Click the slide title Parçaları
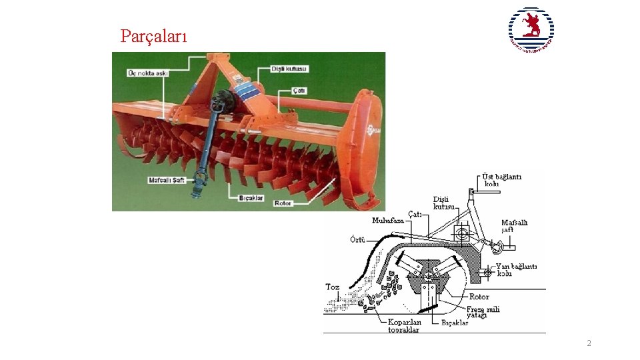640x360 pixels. (x=153, y=36)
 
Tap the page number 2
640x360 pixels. (x=589, y=343)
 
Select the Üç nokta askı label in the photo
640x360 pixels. (x=147, y=73)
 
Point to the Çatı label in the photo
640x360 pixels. (x=299, y=90)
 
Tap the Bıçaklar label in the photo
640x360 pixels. (x=251, y=198)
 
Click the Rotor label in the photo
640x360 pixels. (x=283, y=203)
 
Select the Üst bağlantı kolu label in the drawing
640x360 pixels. (x=502, y=180)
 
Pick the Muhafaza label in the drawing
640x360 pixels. (x=388, y=220)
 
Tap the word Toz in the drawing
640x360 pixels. (x=332, y=287)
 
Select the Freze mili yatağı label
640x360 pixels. (x=483, y=312)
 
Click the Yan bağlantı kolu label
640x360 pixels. (x=516, y=269)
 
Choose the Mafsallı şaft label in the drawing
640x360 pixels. (x=514, y=226)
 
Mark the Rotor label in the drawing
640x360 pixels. (x=479, y=297)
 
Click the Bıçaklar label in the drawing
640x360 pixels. (x=455, y=323)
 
